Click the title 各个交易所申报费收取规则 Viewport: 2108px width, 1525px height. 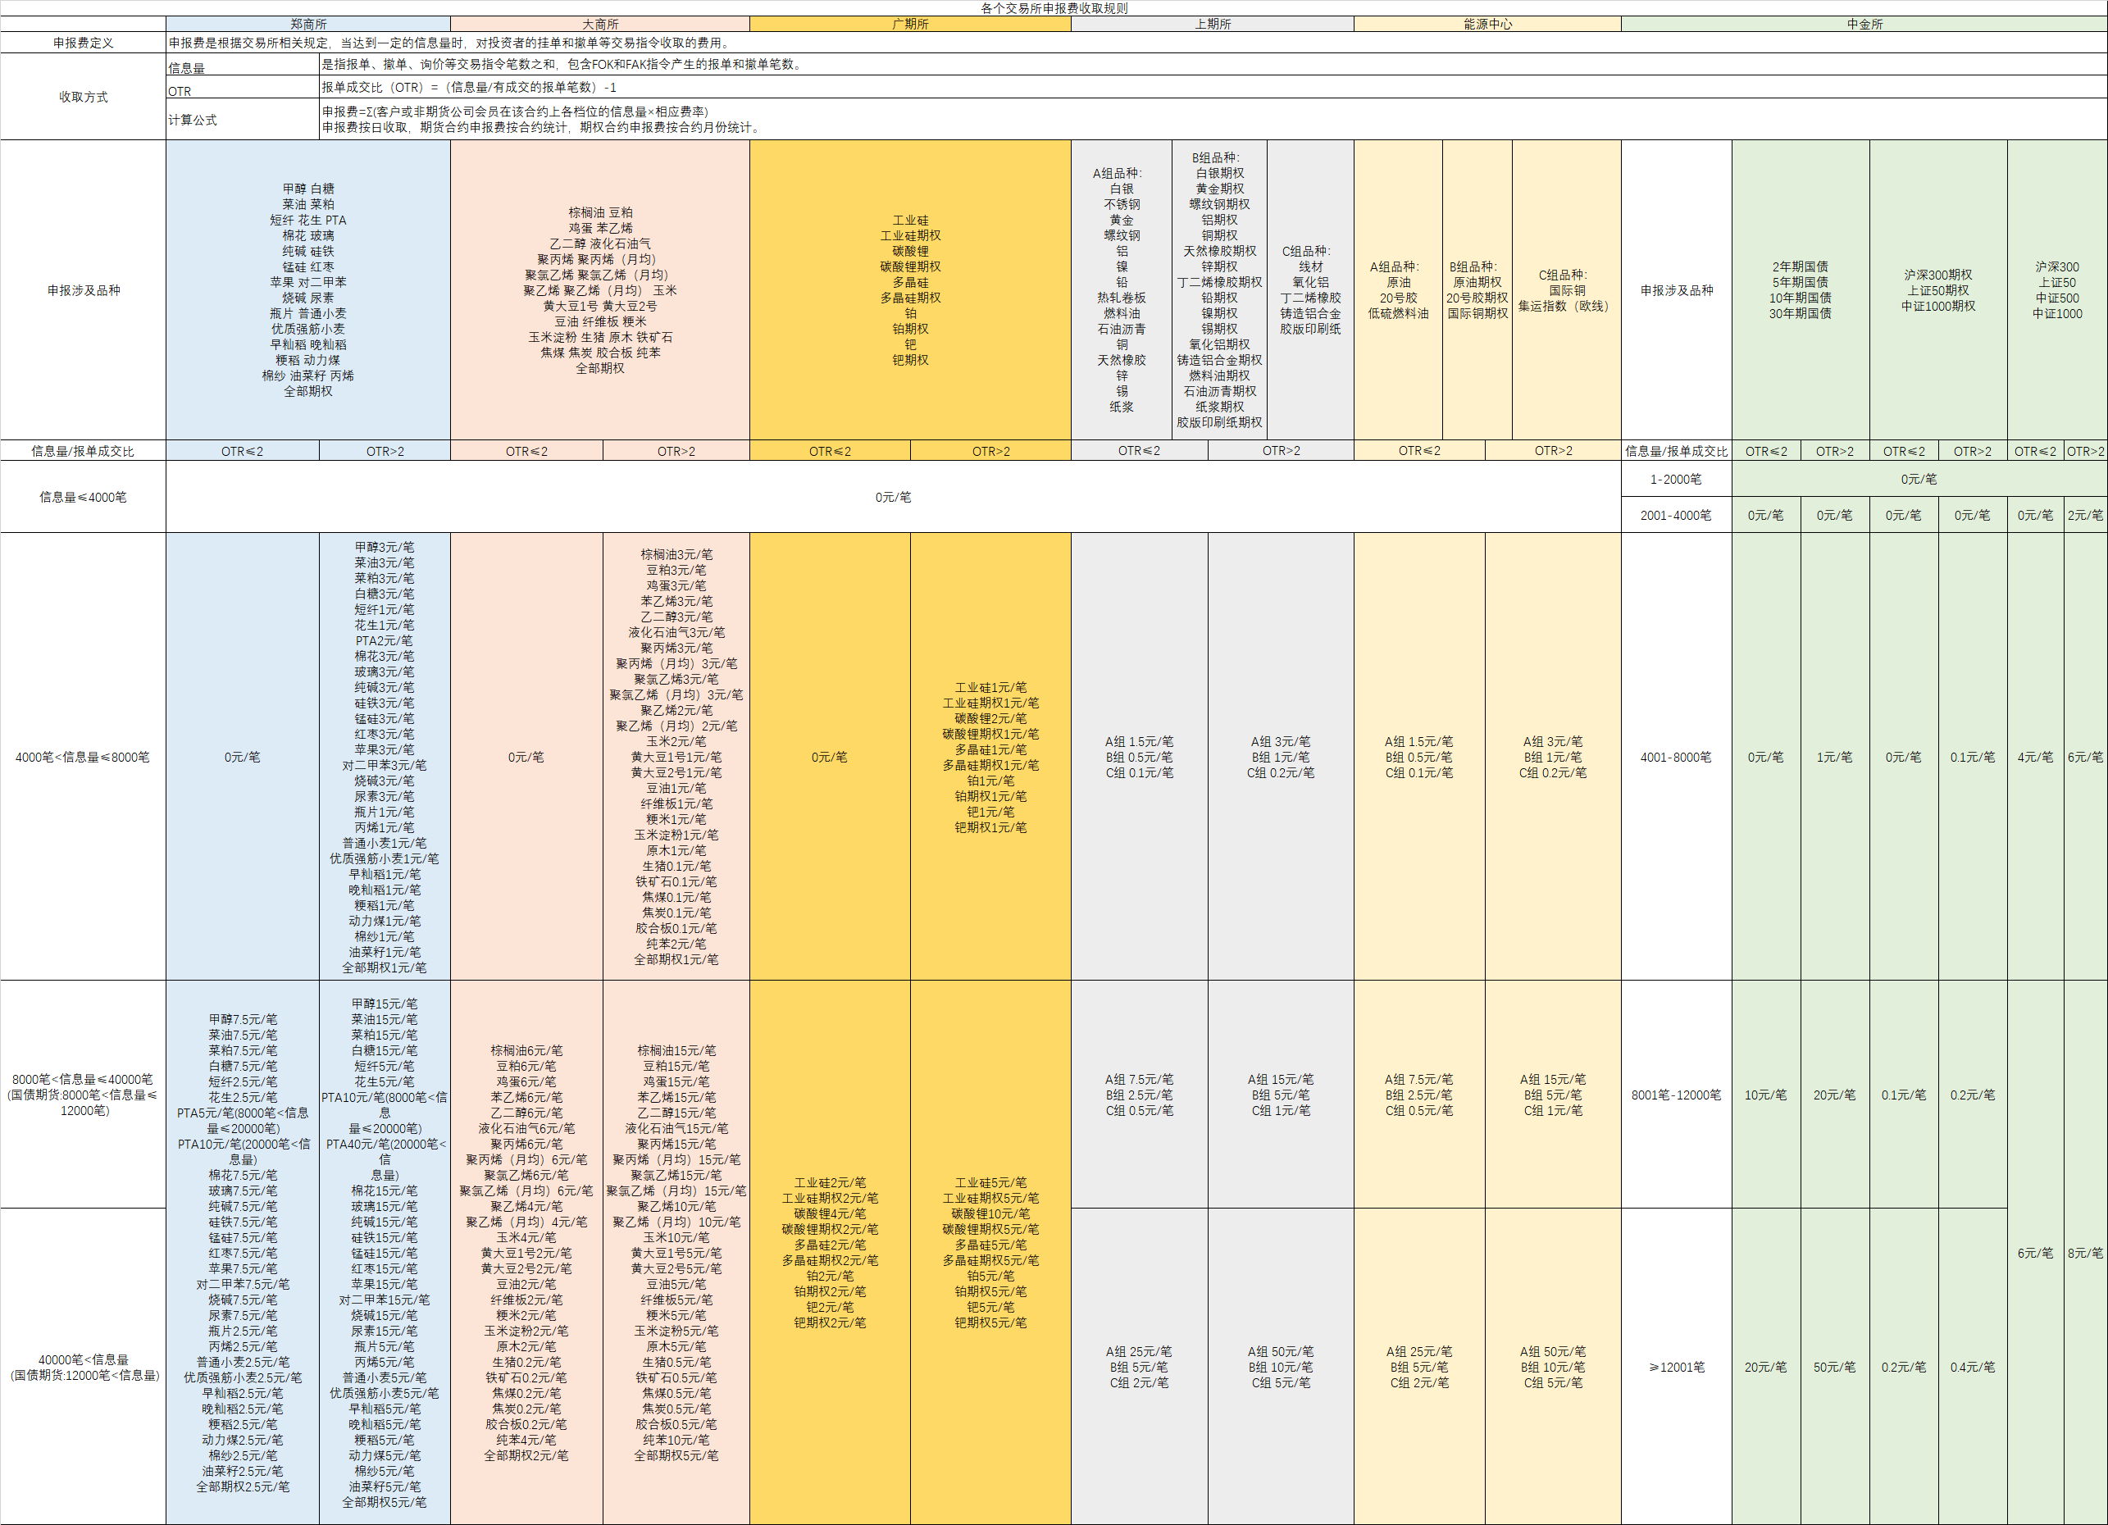1054,8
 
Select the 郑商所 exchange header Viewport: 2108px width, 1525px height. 308,24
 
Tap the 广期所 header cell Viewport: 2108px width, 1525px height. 910,24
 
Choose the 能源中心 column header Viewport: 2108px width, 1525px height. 1487,24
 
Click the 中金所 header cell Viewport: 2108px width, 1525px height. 1864,24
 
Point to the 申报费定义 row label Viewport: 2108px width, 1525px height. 84,43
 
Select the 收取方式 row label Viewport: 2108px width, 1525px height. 84,97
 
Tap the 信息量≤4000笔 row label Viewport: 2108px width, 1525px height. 84,497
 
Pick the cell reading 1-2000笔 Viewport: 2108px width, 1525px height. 1676,480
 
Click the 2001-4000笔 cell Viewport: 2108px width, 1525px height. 1676,515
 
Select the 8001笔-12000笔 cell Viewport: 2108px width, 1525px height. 1676,1095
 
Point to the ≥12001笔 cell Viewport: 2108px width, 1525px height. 1676,1367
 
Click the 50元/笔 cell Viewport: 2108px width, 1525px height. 1834,1367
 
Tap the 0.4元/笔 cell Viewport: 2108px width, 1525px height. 1972,1367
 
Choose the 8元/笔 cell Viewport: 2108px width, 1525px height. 2085,1253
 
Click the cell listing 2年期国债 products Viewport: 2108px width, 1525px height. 1801,290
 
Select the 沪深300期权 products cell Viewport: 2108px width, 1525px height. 1938,290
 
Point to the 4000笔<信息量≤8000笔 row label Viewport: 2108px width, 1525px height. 84,758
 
